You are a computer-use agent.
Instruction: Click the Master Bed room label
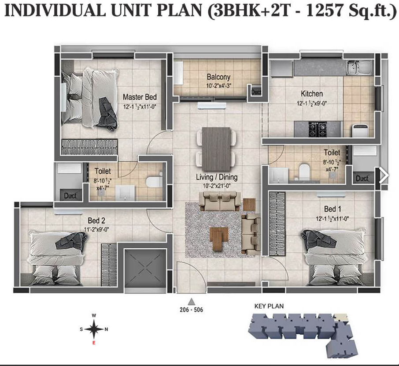140,97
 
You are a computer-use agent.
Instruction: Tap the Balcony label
218,77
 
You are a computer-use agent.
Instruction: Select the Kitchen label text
312,93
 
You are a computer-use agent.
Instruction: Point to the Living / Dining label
217,177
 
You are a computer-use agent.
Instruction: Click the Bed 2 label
96,220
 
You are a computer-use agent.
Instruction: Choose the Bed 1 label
332,209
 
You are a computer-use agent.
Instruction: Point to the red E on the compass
94,343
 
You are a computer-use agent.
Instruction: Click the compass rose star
94,329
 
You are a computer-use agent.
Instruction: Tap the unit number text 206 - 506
192,310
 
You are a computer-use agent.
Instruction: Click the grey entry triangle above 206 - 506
192,302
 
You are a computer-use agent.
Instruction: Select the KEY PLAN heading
269,306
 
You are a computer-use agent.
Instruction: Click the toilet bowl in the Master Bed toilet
154,181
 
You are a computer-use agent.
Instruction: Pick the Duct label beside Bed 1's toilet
362,178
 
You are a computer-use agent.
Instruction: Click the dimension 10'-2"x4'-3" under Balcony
218,86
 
